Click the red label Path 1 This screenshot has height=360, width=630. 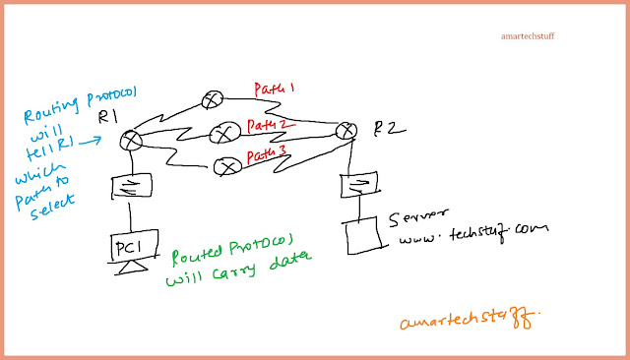click(x=276, y=90)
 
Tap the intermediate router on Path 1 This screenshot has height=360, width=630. click(x=213, y=99)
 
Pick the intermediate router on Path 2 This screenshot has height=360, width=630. click(x=223, y=130)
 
